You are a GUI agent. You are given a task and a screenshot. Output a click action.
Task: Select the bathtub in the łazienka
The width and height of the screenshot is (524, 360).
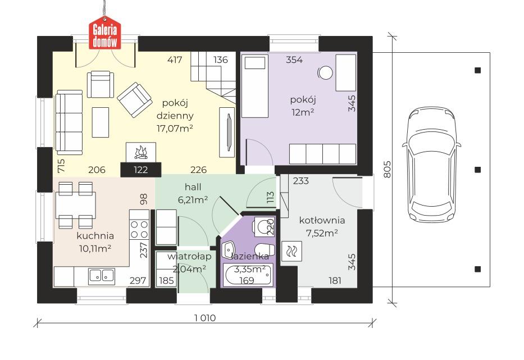[247, 276]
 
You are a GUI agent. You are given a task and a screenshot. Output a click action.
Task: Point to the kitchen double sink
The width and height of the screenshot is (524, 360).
[101, 275]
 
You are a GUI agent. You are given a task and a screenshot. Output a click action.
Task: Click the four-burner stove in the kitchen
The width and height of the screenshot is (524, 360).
[139, 229]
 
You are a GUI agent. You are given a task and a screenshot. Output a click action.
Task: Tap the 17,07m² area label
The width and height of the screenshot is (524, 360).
[175, 128]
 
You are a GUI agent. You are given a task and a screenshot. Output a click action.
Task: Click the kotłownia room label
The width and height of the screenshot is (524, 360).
[322, 220]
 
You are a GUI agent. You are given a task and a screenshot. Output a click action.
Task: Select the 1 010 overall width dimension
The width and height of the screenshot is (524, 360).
[205, 318]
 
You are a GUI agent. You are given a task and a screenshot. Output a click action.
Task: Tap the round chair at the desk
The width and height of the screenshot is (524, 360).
[325, 72]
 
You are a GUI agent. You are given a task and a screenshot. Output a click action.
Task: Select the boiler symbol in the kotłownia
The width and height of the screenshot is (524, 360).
[293, 253]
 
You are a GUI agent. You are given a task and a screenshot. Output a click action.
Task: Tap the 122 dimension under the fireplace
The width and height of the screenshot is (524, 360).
[140, 169]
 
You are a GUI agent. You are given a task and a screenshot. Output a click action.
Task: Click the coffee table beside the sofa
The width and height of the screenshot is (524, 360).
[101, 119]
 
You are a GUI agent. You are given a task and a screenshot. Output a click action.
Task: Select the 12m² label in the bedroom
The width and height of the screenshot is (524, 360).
[302, 112]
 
